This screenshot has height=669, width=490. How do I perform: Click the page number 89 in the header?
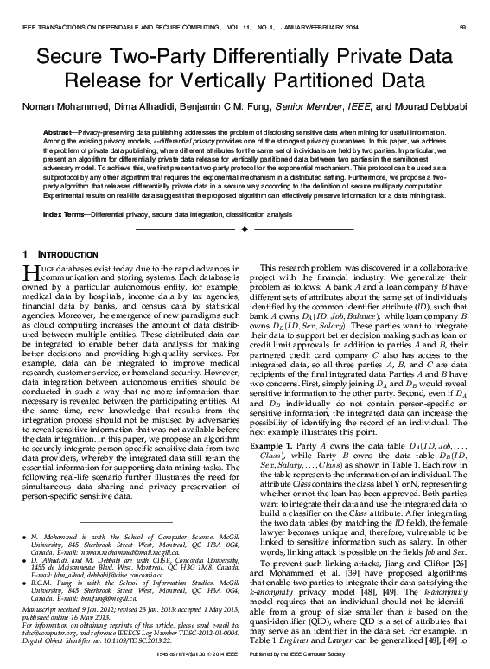[462, 29]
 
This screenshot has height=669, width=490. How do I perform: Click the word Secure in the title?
[75, 59]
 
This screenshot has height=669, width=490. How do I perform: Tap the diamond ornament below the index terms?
[245, 229]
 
